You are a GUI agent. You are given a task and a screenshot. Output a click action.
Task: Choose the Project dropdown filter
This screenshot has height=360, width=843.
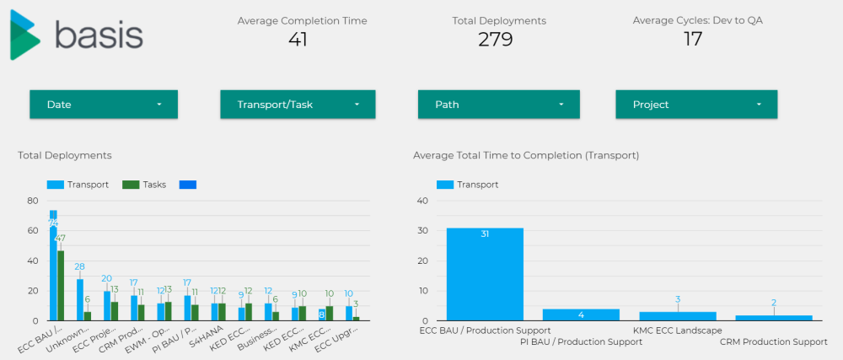tap(696, 105)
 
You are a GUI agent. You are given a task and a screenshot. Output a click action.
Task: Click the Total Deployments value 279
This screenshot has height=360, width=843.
tap(495, 39)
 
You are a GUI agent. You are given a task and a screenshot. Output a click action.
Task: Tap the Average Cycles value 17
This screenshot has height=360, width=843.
tap(692, 39)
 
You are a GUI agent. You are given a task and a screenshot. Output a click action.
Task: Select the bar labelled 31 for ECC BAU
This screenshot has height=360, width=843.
tap(485, 274)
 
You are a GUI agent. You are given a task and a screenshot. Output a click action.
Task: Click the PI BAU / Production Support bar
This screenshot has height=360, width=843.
tap(581, 314)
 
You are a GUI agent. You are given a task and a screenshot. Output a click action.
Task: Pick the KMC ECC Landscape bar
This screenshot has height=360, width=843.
tap(677, 316)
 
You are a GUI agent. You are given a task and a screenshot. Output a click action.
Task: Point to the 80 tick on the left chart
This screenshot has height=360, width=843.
tap(33, 201)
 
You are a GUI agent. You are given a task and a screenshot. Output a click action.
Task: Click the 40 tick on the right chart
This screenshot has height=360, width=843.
tap(424, 201)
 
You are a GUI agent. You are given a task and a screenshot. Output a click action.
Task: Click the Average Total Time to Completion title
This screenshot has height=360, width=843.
tap(526, 155)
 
